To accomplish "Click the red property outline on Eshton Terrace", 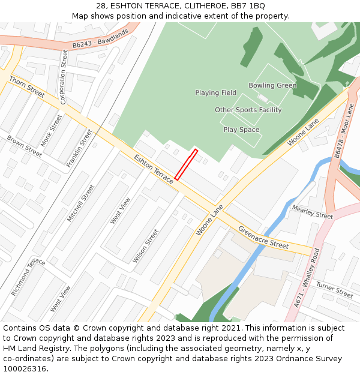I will pos(185,164).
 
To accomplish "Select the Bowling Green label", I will pos(272,86).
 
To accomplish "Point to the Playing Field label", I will pos(215,93).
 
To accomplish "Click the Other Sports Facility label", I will pos(248,110).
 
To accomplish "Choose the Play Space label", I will pos(241,130).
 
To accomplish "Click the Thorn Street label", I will pos(27,86).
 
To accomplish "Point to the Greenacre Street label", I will pos(263,237).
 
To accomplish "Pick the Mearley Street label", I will pos(312,212).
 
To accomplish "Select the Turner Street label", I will pos(334,290).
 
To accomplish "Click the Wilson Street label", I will pos(146,246).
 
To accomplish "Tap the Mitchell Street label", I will pos(81,203).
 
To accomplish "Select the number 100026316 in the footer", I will pos(23,369).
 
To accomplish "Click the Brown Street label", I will pos(25,146).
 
